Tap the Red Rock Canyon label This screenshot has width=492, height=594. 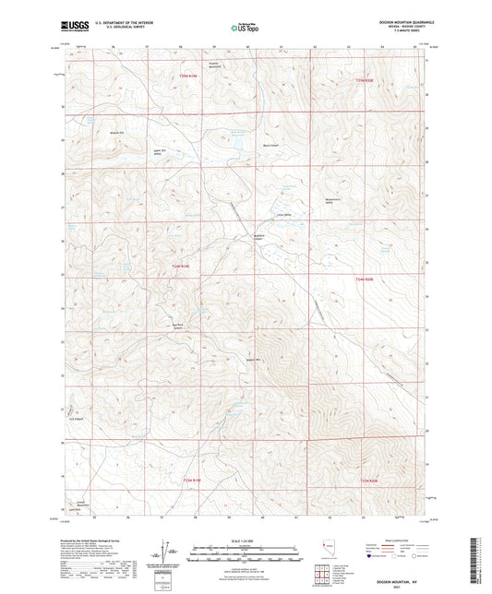point(172,325)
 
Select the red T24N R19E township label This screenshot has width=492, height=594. point(185,267)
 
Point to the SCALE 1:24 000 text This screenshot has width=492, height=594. point(245,540)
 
